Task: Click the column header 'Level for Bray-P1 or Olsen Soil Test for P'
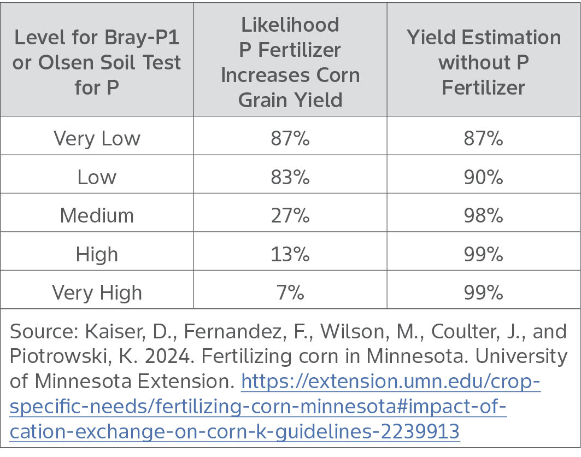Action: coord(97,62)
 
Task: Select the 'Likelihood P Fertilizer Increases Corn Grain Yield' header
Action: coord(290,62)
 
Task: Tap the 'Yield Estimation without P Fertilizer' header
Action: coord(483,62)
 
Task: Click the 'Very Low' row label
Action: coord(97,138)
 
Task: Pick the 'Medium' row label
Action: coord(97,215)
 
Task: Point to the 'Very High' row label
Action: coord(97,292)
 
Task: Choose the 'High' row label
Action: coord(97,254)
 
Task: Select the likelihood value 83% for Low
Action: coord(290,177)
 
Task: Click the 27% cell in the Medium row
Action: coord(290,215)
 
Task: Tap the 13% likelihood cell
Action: coord(290,254)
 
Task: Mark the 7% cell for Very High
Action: coord(290,292)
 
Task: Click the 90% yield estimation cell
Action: coord(483,177)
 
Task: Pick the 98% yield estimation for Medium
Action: coord(483,215)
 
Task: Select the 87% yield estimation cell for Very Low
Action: coord(483,138)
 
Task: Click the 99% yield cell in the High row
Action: coord(483,254)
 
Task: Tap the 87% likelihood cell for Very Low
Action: coord(290,138)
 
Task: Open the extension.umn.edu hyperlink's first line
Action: coord(390,382)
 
